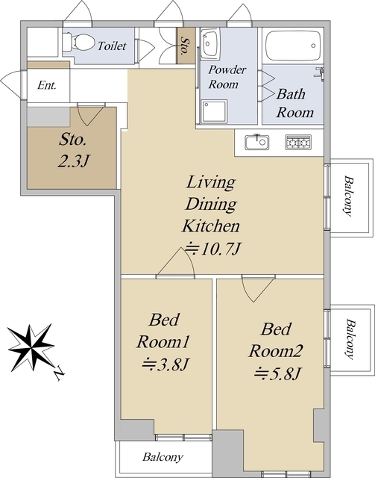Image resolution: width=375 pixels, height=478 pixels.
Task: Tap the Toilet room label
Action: [x=112, y=46]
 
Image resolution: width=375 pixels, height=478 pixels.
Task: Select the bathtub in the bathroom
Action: [x=293, y=46]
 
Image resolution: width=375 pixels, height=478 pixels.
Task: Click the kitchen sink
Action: [x=257, y=142]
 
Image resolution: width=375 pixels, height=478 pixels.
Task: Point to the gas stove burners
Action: [x=298, y=142]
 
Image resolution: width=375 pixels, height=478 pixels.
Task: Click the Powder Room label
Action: [x=227, y=77]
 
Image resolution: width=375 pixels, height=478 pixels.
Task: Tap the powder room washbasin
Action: [x=211, y=43]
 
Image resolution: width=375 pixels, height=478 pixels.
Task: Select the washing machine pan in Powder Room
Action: [x=215, y=111]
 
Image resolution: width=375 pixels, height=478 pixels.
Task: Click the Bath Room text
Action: [x=294, y=103]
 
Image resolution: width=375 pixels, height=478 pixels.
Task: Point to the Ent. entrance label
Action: [x=47, y=85]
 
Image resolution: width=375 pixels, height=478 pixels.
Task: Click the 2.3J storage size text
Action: [x=73, y=161]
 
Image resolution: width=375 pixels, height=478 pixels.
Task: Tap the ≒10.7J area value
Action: [x=213, y=249]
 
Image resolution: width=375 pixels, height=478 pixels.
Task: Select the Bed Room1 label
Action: [x=163, y=330]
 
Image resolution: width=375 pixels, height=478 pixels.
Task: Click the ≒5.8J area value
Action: [x=278, y=373]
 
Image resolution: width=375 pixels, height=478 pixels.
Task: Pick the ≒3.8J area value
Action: [x=166, y=364]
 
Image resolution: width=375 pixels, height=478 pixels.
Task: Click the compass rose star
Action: [x=31, y=347]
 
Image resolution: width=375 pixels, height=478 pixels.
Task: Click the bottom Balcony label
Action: [x=163, y=457]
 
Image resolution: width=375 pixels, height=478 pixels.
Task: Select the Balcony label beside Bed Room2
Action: [x=350, y=339]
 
